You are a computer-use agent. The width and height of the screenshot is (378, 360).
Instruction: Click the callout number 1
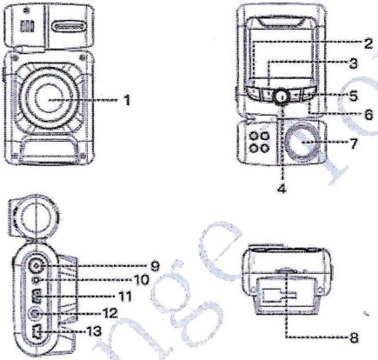[127, 100]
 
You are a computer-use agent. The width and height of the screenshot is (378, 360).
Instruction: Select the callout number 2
[368, 42]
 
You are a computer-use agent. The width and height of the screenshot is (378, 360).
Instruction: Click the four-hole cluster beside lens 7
[258, 142]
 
